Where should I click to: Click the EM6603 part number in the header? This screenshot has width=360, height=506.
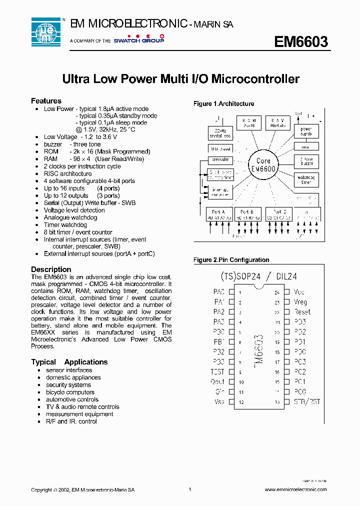pyautogui.click(x=300, y=42)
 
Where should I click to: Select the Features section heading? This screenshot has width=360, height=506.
pyautogui.click(x=46, y=101)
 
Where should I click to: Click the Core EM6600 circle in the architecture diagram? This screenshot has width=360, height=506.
pyautogui.click(x=263, y=164)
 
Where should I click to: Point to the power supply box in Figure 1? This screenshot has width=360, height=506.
pyautogui.click(x=305, y=131)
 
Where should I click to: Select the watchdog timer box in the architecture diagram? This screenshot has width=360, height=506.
pyautogui.click(x=305, y=179)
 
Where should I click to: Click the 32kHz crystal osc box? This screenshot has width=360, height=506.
pyautogui.click(x=220, y=132)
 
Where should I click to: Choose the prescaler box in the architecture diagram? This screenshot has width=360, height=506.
pyautogui.click(x=220, y=160)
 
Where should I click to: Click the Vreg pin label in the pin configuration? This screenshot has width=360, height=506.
pyautogui.click(x=300, y=302)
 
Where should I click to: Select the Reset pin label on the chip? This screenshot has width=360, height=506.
pyautogui.click(x=302, y=312)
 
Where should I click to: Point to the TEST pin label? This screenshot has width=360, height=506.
pyautogui.click(x=217, y=372)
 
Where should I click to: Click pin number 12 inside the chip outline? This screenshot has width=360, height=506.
pyautogui.click(x=241, y=402)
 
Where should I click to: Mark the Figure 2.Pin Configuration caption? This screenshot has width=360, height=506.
pyautogui.click(x=231, y=260)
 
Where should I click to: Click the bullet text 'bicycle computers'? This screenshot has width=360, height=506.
pyautogui.click(x=70, y=392)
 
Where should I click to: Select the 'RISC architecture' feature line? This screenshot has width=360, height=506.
pyautogui.click(x=67, y=173)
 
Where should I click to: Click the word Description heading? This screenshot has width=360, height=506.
pyautogui.click(x=51, y=269)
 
